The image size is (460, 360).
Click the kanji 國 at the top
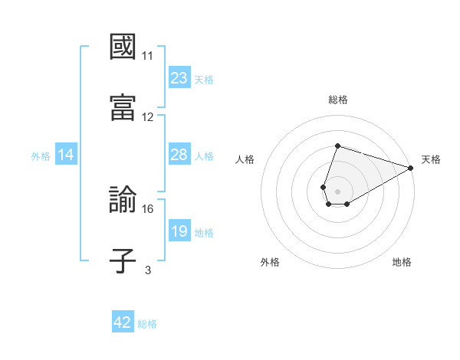point(123,47)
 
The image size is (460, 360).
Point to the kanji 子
point(123,260)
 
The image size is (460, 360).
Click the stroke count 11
point(148,56)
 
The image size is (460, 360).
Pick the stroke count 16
point(148,208)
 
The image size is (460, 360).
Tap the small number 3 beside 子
point(148,270)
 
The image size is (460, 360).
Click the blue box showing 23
point(179,78)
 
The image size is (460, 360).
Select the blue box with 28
point(179,155)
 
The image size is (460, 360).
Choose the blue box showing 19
point(179,231)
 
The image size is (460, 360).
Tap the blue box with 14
point(66,155)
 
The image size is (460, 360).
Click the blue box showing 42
point(123,323)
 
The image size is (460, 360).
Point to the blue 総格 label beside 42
point(147,324)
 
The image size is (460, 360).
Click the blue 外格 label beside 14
point(41,155)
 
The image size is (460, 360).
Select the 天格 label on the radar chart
point(431,159)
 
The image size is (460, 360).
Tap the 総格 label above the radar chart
point(337,100)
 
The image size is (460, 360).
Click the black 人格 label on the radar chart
point(245,159)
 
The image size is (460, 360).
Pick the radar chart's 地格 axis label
point(402,262)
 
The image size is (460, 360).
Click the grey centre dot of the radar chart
point(337,190)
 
